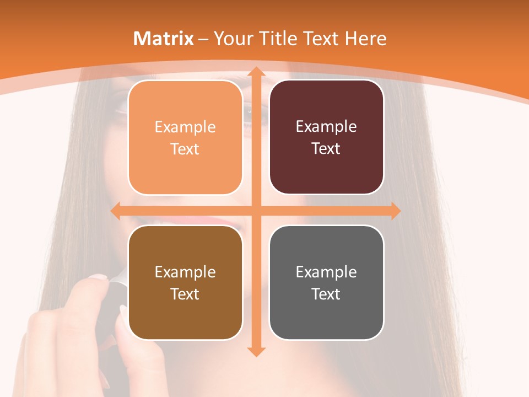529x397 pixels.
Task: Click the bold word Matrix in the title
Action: click(x=164, y=39)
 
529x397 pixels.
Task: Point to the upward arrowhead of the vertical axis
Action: click(x=255, y=72)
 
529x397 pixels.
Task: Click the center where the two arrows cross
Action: click(x=255, y=211)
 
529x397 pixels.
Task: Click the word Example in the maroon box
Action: click(x=326, y=126)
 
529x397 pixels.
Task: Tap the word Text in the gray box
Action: click(x=326, y=294)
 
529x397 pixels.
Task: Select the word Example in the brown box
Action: click(x=185, y=272)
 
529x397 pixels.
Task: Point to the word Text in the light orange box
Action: click(x=185, y=149)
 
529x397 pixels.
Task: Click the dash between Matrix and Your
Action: click(x=203, y=39)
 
